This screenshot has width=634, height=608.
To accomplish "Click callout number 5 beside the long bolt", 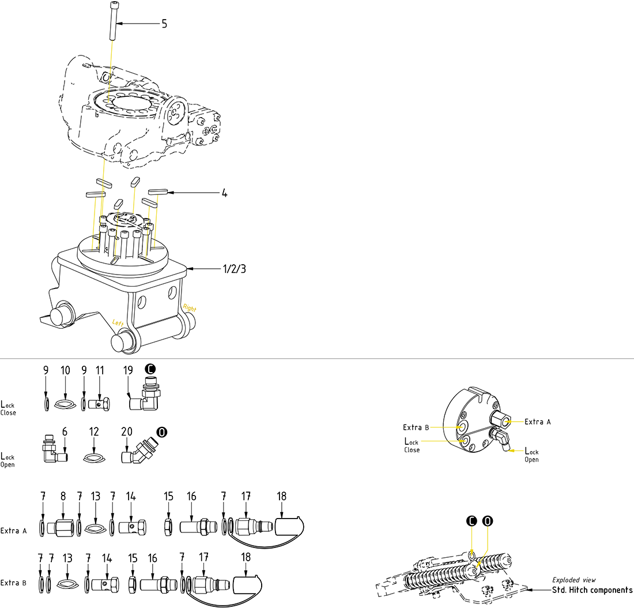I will point(164,24).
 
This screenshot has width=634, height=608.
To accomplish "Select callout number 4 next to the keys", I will point(224,193).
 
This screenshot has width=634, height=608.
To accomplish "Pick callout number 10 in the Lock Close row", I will point(65,370).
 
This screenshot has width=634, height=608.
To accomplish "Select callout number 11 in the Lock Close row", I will point(101,370).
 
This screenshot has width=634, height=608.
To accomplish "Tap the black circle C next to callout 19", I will point(150,368).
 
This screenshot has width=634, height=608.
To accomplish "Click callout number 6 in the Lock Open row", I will point(65,431).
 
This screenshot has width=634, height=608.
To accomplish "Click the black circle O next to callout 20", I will point(163,431).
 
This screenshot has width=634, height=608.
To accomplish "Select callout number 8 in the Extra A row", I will point(63,496).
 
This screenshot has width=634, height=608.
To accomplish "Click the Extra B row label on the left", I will point(14,583).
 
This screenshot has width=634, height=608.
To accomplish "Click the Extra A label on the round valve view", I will point(537,422).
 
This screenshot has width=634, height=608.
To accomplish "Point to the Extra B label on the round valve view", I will point(416,427).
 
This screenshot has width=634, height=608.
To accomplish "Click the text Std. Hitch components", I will point(592,590).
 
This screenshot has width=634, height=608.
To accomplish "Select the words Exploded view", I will point(574,580).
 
